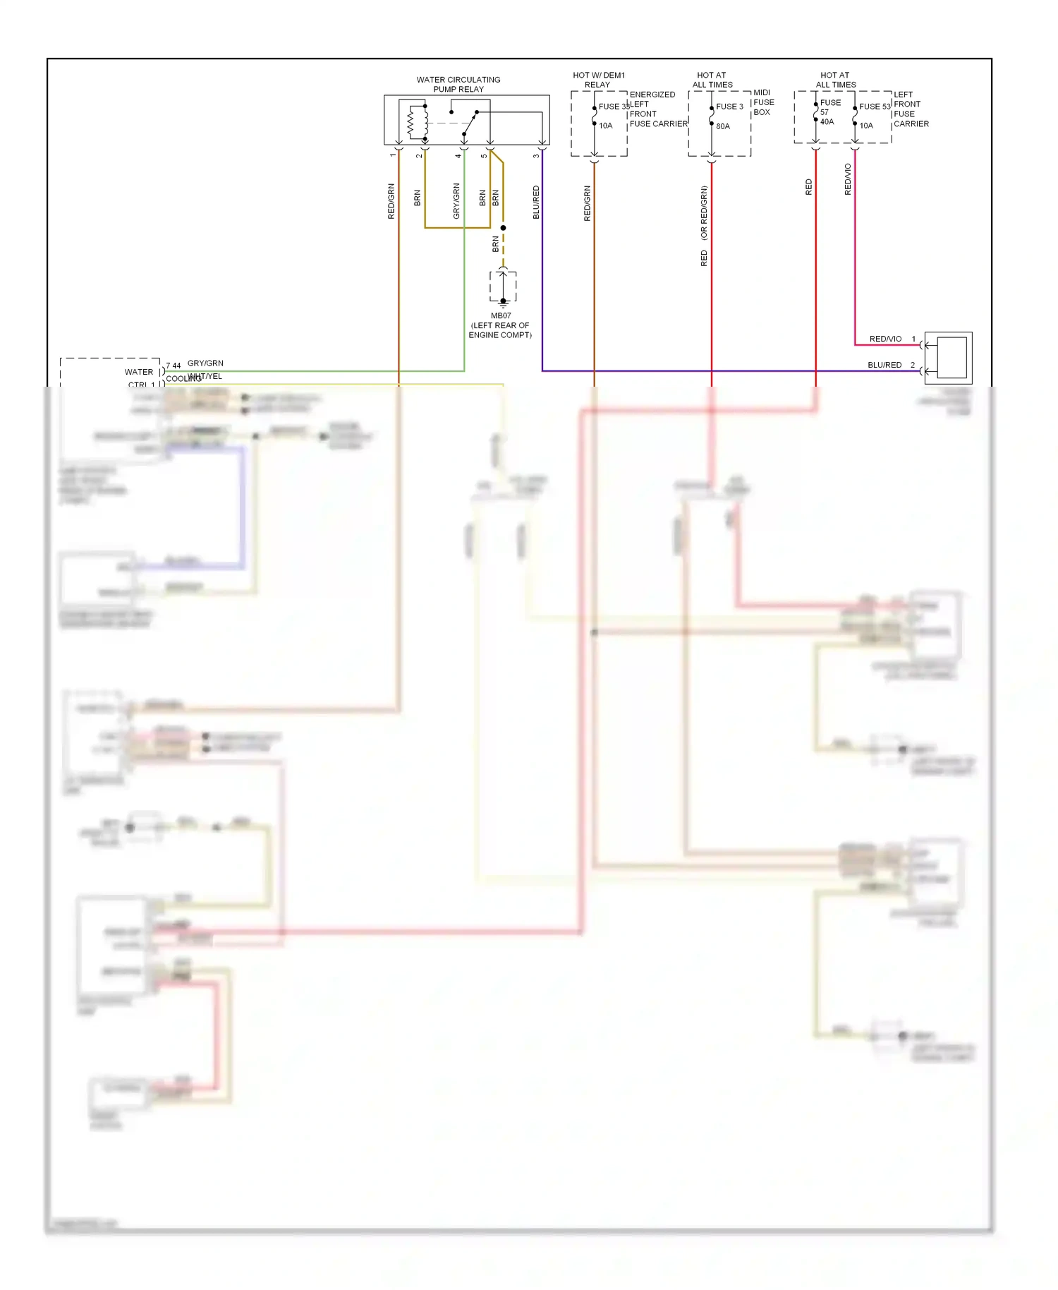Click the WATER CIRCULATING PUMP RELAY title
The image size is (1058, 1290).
tap(458, 84)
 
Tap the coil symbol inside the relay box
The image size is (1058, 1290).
tap(411, 123)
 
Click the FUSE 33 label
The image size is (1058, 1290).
tap(614, 107)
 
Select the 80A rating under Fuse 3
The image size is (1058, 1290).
tap(723, 126)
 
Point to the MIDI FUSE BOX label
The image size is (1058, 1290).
tap(763, 102)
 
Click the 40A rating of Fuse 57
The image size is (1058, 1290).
tap(827, 121)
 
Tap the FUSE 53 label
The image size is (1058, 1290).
tap(875, 107)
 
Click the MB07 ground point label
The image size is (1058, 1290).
tap(501, 315)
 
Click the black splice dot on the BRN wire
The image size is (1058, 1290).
tap(503, 228)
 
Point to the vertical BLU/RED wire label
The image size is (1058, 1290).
tap(536, 202)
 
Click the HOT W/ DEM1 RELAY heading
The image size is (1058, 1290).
tap(598, 80)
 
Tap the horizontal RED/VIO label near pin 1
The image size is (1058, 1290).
tap(885, 339)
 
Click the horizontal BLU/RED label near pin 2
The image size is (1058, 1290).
tap(884, 365)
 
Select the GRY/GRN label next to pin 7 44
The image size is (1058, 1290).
tap(205, 363)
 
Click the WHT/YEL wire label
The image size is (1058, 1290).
tap(205, 377)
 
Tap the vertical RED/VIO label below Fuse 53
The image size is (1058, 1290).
tap(848, 179)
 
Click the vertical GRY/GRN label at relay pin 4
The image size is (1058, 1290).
tap(456, 200)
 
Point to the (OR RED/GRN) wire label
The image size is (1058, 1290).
tap(704, 213)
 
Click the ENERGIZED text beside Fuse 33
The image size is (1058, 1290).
tap(652, 95)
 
